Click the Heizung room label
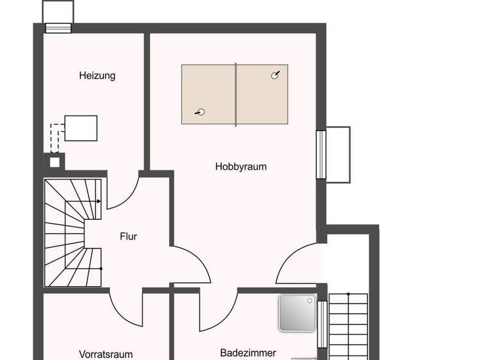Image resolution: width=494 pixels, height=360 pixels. pyautogui.click(x=97, y=75)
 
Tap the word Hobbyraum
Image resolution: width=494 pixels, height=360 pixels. pyautogui.click(x=241, y=166)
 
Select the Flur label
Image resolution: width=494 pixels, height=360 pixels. pyautogui.click(x=128, y=236)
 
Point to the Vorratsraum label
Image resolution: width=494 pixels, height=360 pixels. pyautogui.click(x=105, y=354)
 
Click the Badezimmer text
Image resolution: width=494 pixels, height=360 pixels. pyautogui.click(x=248, y=352)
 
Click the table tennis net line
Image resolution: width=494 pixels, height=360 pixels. pyautogui.click(x=236, y=94)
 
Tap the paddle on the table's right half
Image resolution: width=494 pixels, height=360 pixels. pyautogui.click(x=276, y=75)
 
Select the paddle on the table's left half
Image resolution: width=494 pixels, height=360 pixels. pyautogui.click(x=201, y=113)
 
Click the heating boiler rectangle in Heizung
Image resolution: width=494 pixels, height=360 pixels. pyautogui.click(x=81, y=127)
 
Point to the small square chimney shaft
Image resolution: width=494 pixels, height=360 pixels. pyautogui.click(x=55, y=161)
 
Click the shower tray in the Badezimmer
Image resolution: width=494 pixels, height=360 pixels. pyautogui.click(x=297, y=313)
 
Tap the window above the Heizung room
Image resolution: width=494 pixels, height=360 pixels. pyautogui.click(x=58, y=27)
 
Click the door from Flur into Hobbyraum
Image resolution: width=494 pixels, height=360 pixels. pyautogui.click(x=191, y=264)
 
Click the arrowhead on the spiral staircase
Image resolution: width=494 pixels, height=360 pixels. pyautogui.click(x=98, y=201)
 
